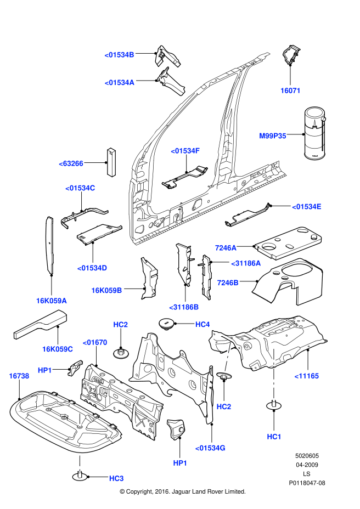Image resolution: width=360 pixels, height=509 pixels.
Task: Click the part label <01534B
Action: (119, 54)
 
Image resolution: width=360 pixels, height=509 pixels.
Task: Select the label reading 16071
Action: (290, 91)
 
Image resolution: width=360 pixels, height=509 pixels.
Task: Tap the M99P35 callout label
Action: (273, 135)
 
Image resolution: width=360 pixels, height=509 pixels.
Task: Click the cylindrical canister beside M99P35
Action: (314, 134)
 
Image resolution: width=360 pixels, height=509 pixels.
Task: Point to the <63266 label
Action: (71, 163)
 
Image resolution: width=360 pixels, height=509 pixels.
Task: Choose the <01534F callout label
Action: (185, 150)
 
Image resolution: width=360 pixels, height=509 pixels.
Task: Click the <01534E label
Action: (306, 207)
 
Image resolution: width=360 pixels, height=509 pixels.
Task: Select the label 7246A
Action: (226, 247)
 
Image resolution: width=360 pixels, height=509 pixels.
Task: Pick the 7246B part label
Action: (228, 282)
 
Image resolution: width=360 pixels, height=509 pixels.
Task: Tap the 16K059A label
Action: (52, 301)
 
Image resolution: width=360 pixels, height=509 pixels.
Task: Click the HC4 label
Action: (203, 324)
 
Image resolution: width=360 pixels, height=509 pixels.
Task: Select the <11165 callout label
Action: (307, 376)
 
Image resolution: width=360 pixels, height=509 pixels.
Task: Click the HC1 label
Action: (274, 436)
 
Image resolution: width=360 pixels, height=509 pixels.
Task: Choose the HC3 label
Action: (116, 478)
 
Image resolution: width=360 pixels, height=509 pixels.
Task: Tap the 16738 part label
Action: (19, 376)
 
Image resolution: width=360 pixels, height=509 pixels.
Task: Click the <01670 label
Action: (95, 342)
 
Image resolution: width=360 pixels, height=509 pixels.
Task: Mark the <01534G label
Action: (210, 448)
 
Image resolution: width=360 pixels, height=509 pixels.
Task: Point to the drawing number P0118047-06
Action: (307, 483)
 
